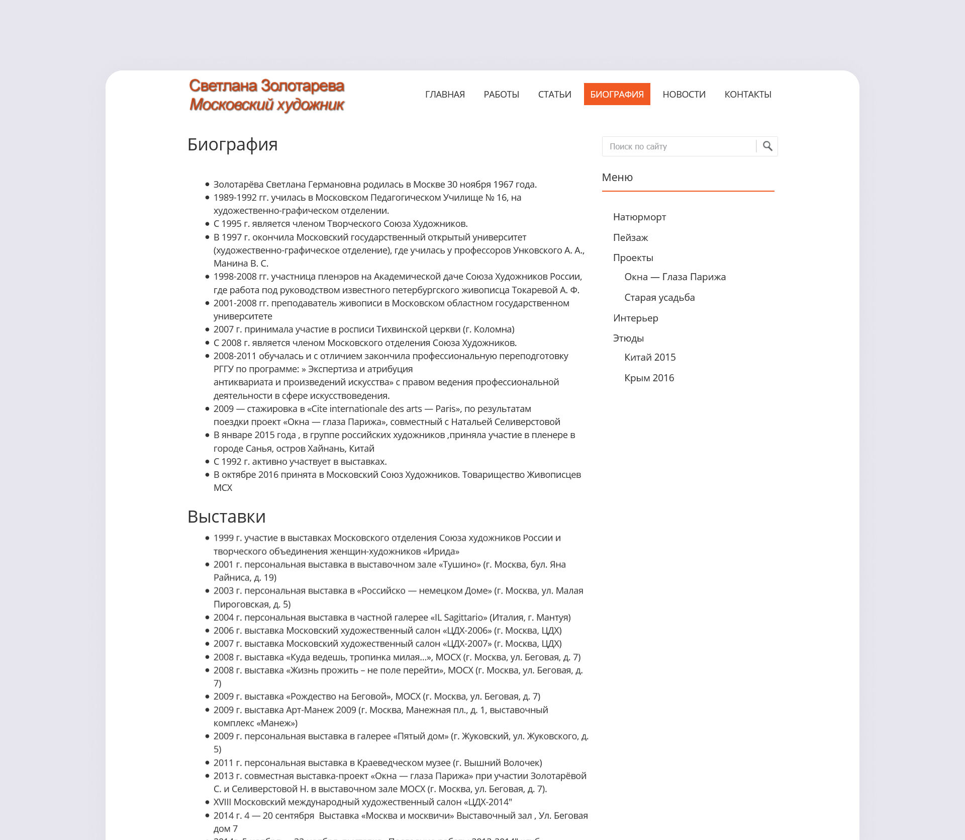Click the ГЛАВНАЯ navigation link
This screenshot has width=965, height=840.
(445, 95)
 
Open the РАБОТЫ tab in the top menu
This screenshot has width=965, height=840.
(501, 95)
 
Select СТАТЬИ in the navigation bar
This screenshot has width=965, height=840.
(554, 95)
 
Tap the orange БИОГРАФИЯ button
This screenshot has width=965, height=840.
(617, 95)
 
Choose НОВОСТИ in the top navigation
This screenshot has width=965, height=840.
(684, 95)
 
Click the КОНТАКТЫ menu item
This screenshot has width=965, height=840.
(747, 95)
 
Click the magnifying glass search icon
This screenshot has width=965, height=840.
(767, 146)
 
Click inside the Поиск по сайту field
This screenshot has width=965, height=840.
(679, 146)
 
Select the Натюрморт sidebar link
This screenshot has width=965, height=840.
(639, 217)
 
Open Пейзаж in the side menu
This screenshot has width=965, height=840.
(630, 237)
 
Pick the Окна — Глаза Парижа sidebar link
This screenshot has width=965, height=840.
(674, 277)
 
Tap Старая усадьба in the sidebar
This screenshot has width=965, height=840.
(659, 298)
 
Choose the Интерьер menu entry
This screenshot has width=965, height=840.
(635, 318)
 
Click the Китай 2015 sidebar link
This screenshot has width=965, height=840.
(650, 358)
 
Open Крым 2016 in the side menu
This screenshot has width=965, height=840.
(649, 378)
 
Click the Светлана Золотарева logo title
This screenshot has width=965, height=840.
(266, 86)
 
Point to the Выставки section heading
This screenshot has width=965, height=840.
(226, 517)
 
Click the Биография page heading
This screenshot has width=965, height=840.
(232, 144)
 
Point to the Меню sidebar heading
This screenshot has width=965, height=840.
(617, 178)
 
